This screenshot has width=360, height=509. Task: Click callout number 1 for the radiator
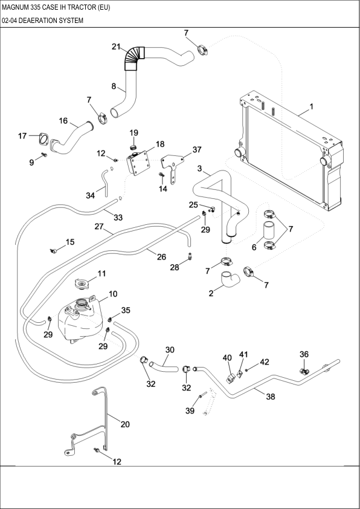311,107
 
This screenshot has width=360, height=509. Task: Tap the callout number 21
117,47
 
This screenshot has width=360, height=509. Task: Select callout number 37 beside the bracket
197,150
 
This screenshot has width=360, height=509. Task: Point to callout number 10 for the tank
112,294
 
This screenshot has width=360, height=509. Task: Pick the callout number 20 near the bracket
125,424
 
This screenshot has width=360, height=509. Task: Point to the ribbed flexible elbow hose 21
135,58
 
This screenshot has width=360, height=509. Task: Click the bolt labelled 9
45,156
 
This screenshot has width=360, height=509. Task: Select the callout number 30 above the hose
170,349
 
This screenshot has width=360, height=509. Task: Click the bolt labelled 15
54,249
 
